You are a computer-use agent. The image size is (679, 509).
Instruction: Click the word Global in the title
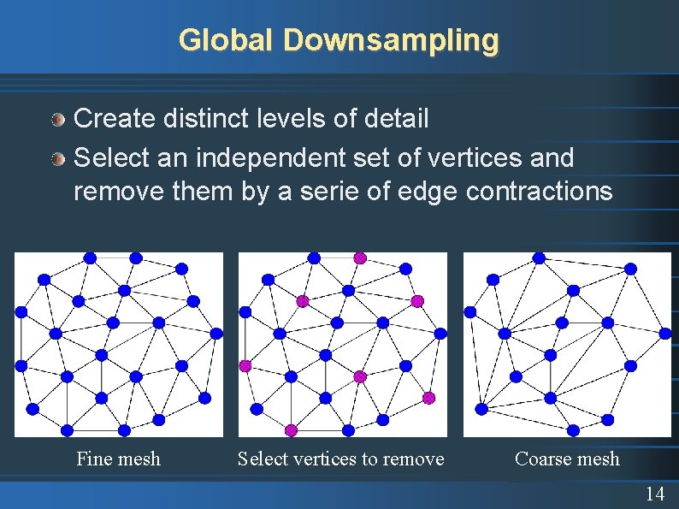click(227, 39)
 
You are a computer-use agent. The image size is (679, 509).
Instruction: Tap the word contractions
click(539, 191)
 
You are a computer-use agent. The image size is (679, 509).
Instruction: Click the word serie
click(309, 191)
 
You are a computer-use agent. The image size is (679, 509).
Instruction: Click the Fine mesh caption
click(118, 459)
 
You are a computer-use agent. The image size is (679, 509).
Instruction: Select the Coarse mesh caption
click(567, 459)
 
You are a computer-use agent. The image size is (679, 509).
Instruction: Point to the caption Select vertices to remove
click(340, 459)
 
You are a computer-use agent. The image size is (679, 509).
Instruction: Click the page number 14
click(655, 494)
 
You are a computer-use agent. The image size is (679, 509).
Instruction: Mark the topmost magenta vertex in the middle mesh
click(360, 257)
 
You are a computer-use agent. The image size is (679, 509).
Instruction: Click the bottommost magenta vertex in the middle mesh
click(291, 429)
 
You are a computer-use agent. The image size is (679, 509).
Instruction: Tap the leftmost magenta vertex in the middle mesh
click(245, 365)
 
